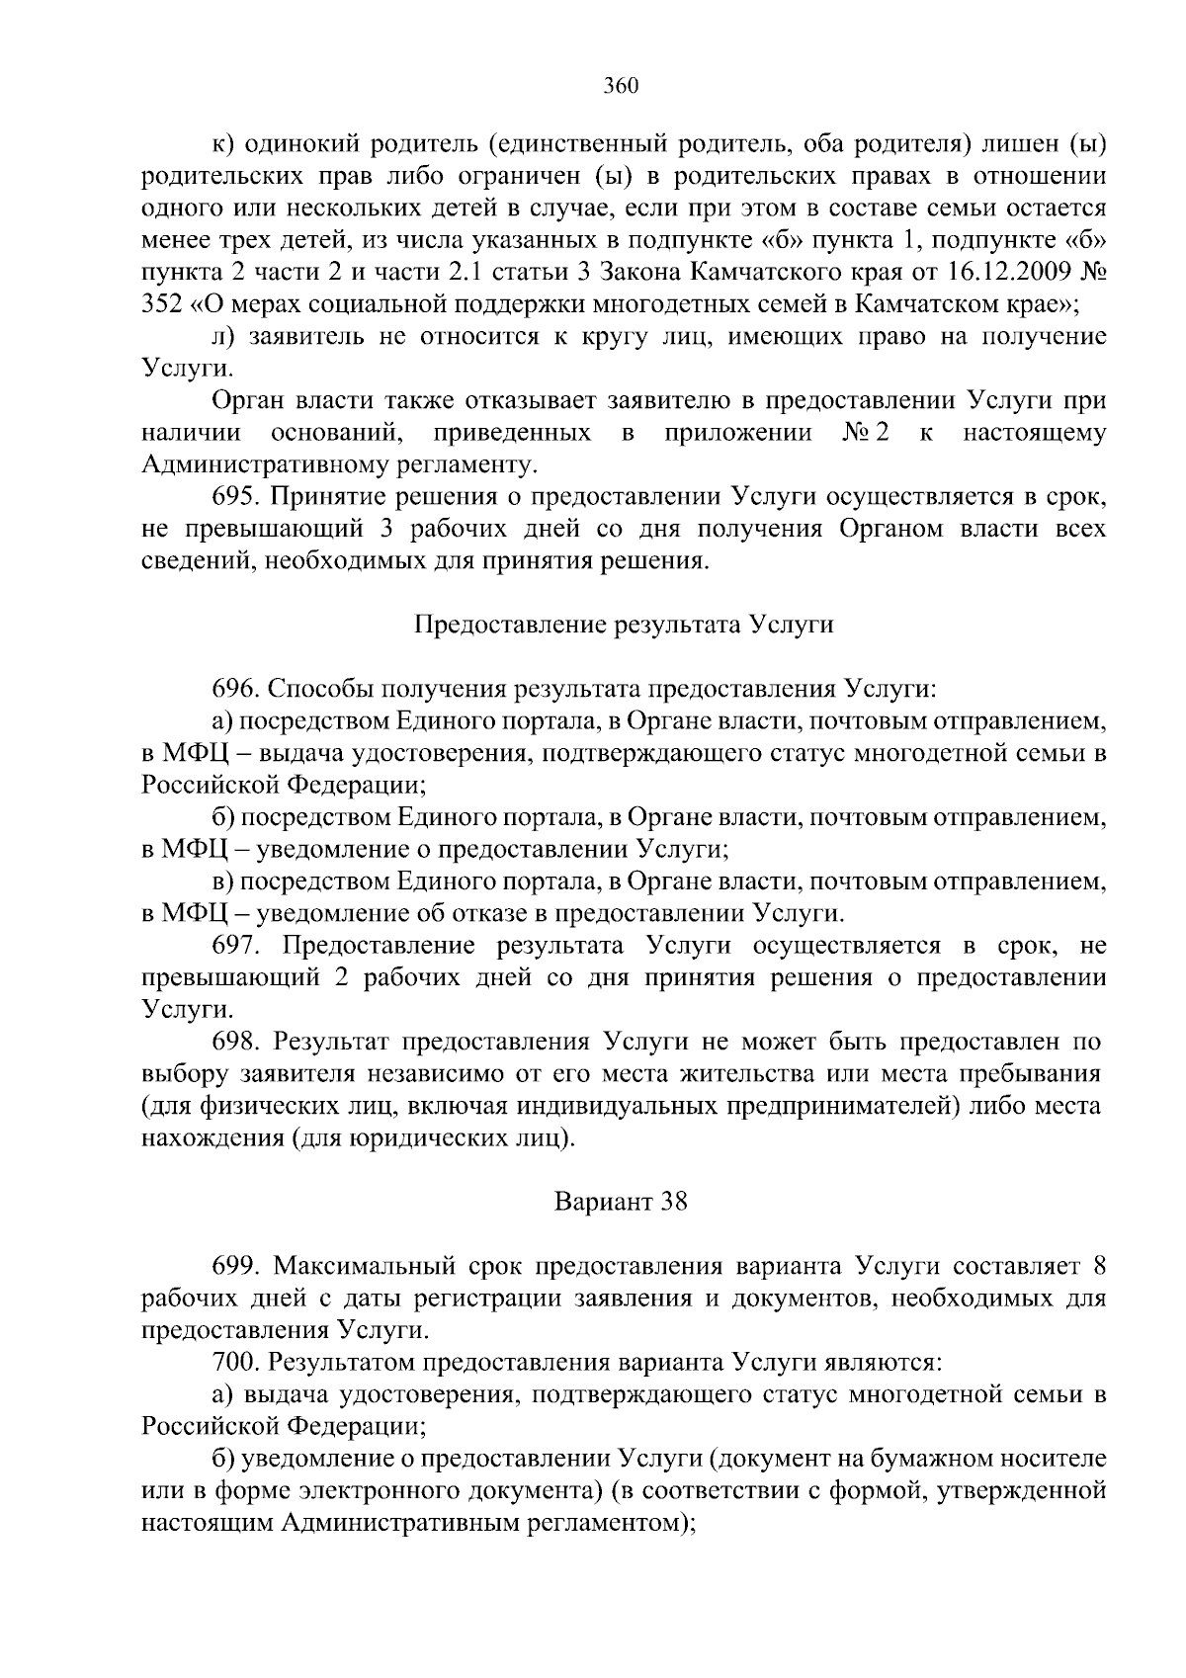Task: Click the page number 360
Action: (622, 86)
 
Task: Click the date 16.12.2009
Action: (1013, 272)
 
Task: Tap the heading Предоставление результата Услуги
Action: (623, 625)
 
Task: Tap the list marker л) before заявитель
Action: (223, 337)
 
